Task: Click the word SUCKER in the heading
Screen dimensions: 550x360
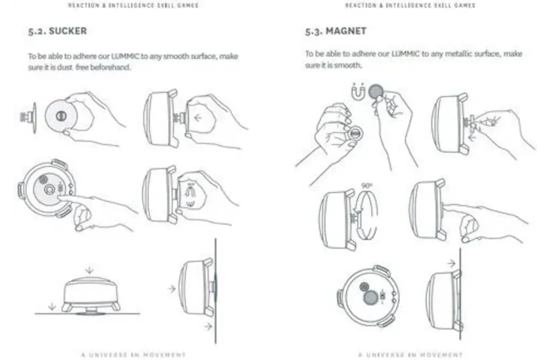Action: pos(67,31)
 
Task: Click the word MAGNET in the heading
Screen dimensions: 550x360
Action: pos(346,31)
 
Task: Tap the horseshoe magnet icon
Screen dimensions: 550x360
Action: pos(358,91)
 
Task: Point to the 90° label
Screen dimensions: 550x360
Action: pos(366,185)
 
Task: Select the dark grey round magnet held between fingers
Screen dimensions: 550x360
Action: pos(376,91)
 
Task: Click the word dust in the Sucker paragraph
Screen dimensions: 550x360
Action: pos(65,67)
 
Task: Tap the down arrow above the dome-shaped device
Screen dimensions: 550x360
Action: pos(89,270)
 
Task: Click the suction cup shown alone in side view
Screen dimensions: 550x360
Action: pos(29,117)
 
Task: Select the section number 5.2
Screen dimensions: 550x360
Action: pos(37,31)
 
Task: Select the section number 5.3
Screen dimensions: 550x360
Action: pos(314,31)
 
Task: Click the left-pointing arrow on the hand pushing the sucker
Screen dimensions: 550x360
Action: pos(198,118)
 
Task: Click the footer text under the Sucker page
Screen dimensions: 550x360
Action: pos(133,354)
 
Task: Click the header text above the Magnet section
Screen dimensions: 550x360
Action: pos(410,5)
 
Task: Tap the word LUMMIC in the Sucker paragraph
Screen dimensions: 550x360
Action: pos(125,56)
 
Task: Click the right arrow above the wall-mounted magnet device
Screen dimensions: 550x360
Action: pos(451,263)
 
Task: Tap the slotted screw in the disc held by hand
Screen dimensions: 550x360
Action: pos(61,115)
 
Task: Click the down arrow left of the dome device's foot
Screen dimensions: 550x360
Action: pos(52,306)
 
